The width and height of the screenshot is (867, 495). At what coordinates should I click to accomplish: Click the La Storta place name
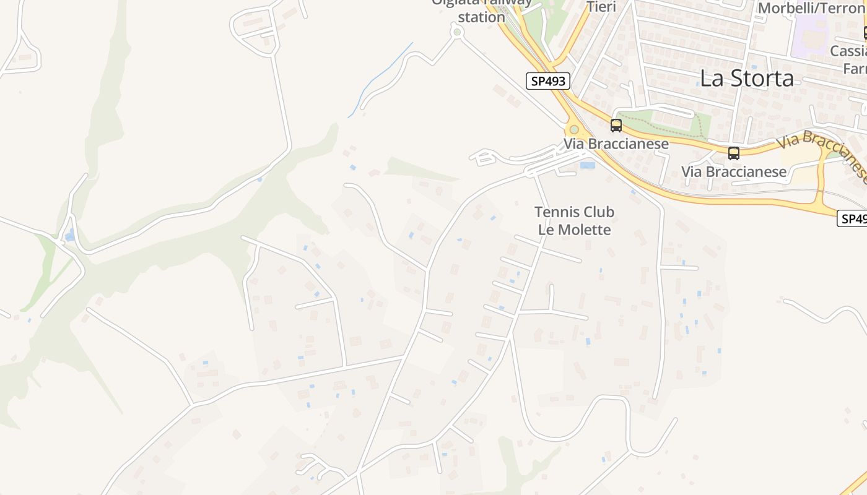(x=746, y=79)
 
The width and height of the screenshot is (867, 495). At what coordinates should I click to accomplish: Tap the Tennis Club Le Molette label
(x=574, y=221)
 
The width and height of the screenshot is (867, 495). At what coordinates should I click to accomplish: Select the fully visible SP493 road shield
(x=547, y=81)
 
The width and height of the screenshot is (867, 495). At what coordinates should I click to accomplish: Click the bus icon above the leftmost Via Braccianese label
(x=616, y=126)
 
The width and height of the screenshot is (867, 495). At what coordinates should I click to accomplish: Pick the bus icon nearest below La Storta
(x=734, y=153)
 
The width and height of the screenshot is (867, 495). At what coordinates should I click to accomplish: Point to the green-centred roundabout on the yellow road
(x=574, y=129)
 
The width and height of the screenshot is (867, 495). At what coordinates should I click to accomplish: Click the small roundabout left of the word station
(x=457, y=32)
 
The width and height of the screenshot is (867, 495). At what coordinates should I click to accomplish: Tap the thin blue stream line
(x=381, y=77)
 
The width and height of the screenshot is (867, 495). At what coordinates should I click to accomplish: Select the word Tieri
(x=601, y=7)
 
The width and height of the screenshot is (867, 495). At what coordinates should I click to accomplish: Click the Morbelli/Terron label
(x=812, y=8)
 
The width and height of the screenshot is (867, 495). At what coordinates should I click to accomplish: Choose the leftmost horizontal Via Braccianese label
(x=616, y=144)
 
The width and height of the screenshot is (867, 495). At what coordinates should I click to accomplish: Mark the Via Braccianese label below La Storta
(x=734, y=171)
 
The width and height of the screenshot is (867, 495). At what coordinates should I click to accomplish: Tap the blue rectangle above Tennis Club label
(x=588, y=165)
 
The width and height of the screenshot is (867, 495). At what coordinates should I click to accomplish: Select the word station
(x=482, y=17)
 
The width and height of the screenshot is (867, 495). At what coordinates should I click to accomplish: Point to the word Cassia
(x=848, y=51)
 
